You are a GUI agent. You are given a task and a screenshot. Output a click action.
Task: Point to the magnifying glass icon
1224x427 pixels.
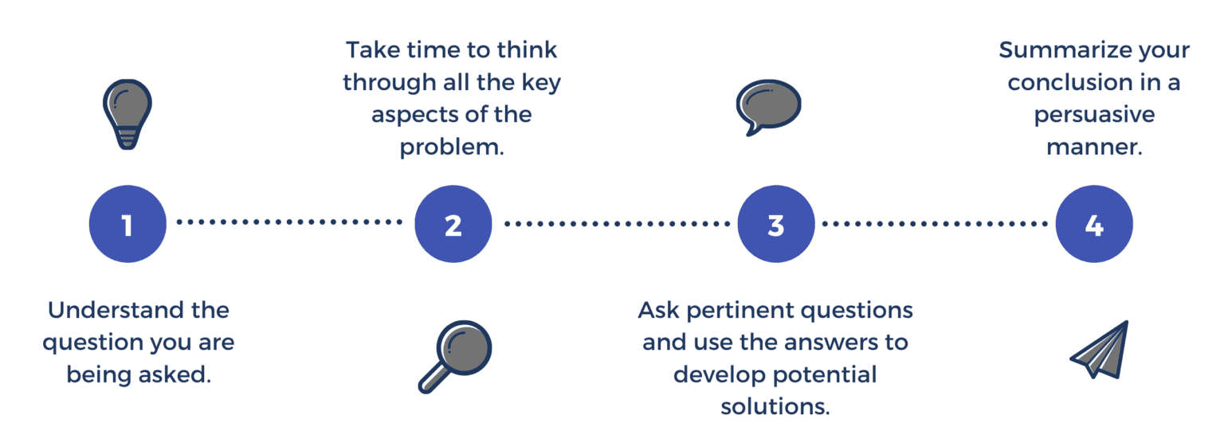[455, 358]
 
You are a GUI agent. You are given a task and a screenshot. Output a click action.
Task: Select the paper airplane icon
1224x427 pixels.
[1100, 351]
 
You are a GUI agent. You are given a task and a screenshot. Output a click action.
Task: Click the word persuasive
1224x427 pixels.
[1094, 115]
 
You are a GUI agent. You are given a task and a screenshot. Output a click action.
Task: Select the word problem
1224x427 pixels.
[452, 147]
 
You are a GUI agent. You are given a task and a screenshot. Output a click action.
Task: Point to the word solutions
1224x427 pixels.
[775, 406]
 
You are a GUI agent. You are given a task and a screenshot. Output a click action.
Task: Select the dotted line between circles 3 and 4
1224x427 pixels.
[935, 224]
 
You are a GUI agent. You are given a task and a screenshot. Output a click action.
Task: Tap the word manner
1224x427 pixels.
[1095, 147]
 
